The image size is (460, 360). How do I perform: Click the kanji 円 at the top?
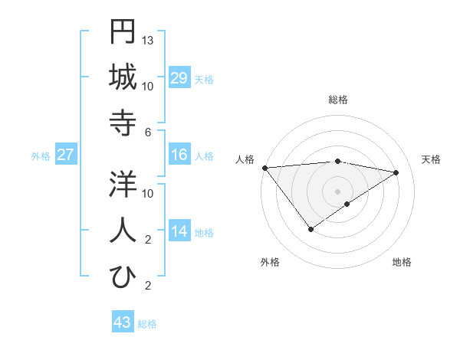click(x=123, y=32)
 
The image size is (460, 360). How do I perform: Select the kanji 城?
click(x=123, y=77)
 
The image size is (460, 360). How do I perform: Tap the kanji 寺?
click(x=123, y=122)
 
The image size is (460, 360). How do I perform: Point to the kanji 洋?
click(x=123, y=185)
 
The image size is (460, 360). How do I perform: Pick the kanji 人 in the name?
click(x=123, y=230)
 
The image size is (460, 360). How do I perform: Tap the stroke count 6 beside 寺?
click(x=149, y=132)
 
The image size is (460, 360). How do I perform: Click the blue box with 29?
click(x=179, y=78)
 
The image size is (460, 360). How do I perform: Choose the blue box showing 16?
click(x=179, y=155)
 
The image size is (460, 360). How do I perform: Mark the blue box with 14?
click(x=179, y=232)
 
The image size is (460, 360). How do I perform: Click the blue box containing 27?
click(x=65, y=155)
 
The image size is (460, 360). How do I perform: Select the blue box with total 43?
click(x=123, y=322)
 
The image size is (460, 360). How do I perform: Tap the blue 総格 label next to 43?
click(x=147, y=324)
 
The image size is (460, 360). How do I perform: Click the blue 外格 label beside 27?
click(x=41, y=156)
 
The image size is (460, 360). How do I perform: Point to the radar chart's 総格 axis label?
click(x=337, y=100)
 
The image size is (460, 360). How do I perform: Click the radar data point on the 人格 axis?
click(x=264, y=167)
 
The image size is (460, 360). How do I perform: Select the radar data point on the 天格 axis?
click(x=396, y=172)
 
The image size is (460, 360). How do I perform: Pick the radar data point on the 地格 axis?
click(x=347, y=204)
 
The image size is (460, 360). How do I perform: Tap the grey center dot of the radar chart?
click(x=337, y=191)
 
